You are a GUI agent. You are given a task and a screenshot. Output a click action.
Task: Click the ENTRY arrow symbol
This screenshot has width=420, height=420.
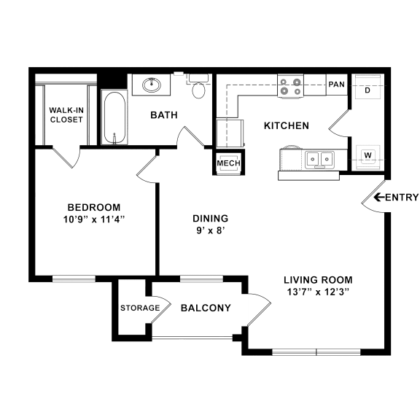[x=378, y=197]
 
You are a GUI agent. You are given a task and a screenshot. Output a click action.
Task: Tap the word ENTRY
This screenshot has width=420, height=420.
[x=401, y=197]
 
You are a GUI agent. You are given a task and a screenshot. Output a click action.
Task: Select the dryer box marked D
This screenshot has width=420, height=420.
[x=367, y=90]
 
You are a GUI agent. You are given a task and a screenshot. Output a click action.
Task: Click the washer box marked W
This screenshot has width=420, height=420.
[x=367, y=155]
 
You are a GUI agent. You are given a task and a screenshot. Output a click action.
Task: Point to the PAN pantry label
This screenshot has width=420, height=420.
[x=336, y=85]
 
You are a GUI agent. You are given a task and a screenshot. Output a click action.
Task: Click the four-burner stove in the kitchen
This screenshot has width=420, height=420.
[x=290, y=87]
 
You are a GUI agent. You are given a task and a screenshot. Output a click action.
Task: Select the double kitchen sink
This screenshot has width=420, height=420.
[x=319, y=157]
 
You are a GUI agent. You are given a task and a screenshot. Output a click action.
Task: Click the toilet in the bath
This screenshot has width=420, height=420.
[x=198, y=90]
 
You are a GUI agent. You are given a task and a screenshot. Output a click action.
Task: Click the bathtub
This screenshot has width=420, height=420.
[x=113, y=118]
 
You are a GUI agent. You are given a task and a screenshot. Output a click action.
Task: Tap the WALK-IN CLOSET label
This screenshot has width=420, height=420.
[x=66, y=115]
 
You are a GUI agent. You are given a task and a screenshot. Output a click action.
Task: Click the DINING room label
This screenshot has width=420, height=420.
[x=210, y=218]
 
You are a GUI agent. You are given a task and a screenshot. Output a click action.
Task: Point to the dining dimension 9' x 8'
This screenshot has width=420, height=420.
[x=210, y=231]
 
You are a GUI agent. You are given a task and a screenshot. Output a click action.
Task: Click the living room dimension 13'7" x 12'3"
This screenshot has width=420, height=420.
[x=317, y=292]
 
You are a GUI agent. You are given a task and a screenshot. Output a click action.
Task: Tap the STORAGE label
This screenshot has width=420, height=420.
[x=140, y=308]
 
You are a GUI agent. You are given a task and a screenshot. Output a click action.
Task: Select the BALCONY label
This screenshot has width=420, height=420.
[x=206, y=308]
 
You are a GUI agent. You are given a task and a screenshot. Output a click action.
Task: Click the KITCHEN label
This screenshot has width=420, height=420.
[x=286, y=125]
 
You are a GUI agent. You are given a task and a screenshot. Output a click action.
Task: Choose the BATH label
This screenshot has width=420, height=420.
[x=162, y=115]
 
